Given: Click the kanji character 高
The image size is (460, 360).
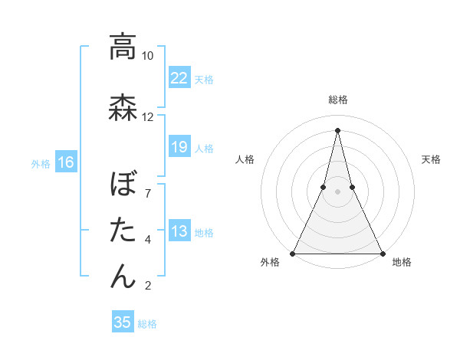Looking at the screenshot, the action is pyautogui.click(x=123, y=47).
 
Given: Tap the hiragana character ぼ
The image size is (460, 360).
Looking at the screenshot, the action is pyautogui.click(x=123, y=185).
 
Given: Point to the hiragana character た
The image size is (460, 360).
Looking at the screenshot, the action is pyautogui.click(x=123, y=230).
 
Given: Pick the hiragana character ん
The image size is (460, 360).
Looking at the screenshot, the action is pyautogui.click(x=123, y=276).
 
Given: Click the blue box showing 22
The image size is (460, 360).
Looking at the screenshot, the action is pyautogui.click(x=179, y=77).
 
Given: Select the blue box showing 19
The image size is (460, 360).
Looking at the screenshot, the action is pyautogui.click(x=179, y=147).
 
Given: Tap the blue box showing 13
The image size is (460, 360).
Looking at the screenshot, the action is pyautogui.click(x=179, y=231).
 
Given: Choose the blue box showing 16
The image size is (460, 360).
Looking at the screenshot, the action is pyautogui.click(x=66, y=162).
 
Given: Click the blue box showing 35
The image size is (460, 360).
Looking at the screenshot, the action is pyautogui.click(x=123, y=322).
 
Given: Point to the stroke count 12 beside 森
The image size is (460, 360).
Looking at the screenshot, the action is pyautogui.click(x=148, y=117).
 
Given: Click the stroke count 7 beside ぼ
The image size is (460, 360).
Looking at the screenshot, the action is pyautogui.click(x=148, y=194).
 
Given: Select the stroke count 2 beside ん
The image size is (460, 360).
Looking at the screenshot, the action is pyautogui.click(x=148, y=286).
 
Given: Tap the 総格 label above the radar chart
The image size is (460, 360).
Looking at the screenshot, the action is pyautogui.click(x=338, y=100).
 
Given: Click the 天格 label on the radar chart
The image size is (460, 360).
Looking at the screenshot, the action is pyautogui.click(x=431, y=159).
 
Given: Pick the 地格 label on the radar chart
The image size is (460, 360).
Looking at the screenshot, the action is pyautogui.click(x=402, y=262).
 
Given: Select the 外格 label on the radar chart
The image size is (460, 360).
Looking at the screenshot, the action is pyautogui.click(x=270, y=262).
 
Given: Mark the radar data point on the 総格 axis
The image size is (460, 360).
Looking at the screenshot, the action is pyautogui.click(x=337, y=129).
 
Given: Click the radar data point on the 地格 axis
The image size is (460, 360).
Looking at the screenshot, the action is pyautogui.click(x=382, y=253).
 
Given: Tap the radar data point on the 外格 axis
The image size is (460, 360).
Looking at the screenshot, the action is pyautogui.click(x=293, y=253).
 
